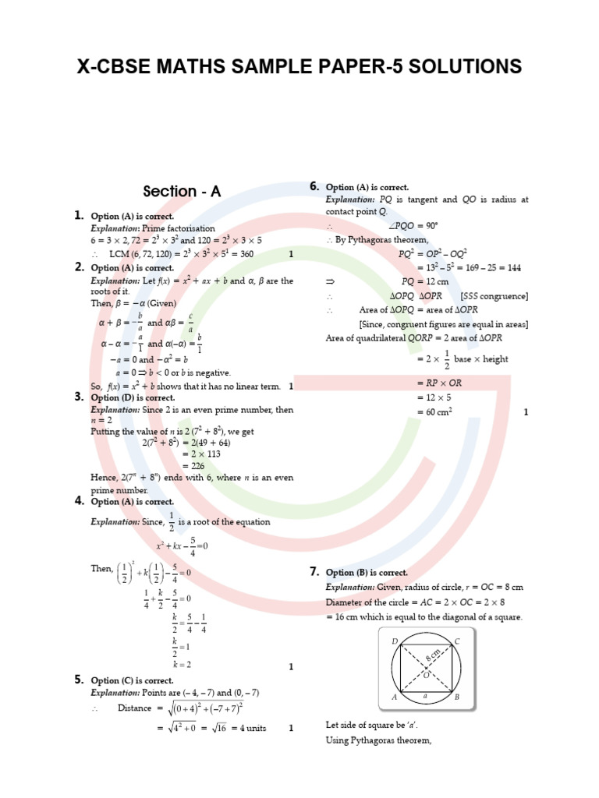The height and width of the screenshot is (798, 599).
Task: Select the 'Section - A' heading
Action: tap(181, 191)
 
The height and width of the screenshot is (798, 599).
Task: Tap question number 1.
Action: tap(80, 215)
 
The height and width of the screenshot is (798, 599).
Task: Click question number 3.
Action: tap(80, 396)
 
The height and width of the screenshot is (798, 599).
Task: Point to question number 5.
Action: tap(80, 680)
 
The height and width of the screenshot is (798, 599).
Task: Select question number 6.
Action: tap(314, 186)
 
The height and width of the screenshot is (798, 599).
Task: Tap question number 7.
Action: tap(314, 572)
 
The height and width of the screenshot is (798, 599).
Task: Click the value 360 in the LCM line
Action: tap(246, 254)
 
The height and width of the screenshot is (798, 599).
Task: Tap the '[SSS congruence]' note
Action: tap(494, 296)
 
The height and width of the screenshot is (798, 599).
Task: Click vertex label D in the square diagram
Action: tap(395, 641)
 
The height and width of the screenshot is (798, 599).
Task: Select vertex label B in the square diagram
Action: tap(457, 697)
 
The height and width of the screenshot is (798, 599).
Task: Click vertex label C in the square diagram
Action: tap(457, 641)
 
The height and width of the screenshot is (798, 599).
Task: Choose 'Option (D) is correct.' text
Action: tap(132, 397)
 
